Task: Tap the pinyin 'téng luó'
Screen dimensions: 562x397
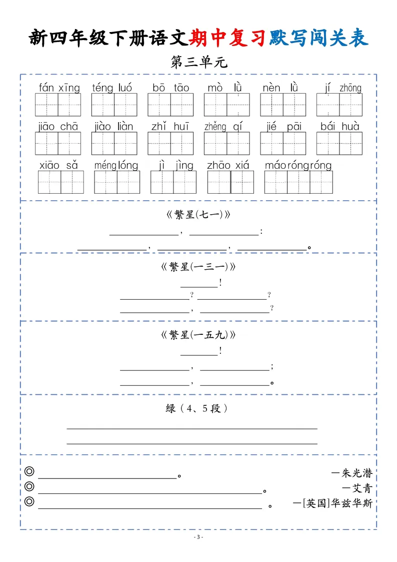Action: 112,88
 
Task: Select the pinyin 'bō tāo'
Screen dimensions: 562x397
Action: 170,88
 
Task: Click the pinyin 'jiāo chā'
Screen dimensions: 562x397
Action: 58,127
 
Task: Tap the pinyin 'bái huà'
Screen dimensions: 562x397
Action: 340,127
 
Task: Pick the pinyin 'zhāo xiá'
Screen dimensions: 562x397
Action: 227,165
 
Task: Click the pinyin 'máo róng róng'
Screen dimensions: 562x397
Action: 298,165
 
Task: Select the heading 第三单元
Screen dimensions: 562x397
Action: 198,63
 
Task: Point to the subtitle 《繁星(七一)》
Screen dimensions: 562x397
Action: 198,215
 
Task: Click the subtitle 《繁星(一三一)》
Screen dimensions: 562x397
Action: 198,267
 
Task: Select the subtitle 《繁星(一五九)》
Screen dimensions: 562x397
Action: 198,335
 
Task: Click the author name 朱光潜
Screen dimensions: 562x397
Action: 357,473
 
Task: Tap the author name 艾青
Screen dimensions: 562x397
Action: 362,488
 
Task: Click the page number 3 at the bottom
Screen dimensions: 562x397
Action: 198,537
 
